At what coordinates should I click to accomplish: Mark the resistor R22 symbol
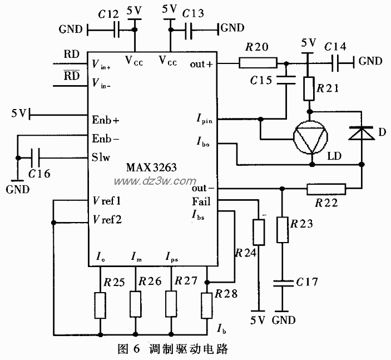326,190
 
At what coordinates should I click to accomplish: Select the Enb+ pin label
106,120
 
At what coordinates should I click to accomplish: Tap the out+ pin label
202,63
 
